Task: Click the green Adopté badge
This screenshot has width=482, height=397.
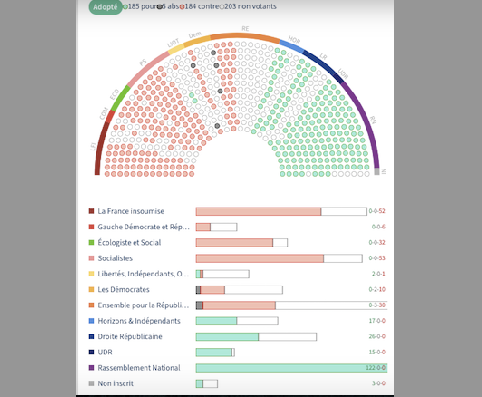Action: point(106,7)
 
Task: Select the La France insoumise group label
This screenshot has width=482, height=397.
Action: point(131,211)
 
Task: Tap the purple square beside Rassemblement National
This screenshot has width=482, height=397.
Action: point(92,368)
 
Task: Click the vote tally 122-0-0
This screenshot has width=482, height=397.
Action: point(376,368)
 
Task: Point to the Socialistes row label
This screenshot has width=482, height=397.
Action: point(115,258)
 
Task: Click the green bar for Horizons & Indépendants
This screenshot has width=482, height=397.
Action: point(216,321)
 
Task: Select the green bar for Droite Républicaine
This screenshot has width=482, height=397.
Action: point(227,337)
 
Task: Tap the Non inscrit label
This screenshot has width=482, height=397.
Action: point(116,383)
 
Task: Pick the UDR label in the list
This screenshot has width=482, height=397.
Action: point(105,352)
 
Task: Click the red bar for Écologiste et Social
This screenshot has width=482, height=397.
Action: point(234,242)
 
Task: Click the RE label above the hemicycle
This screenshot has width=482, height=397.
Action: point(245,29)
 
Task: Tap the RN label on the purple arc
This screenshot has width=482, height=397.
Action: point(373,119)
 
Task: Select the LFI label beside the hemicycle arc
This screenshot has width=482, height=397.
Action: point(93,147)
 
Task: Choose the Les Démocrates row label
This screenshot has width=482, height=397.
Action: point(123,290)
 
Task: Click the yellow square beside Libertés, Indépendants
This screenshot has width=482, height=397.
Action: point(92,274)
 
